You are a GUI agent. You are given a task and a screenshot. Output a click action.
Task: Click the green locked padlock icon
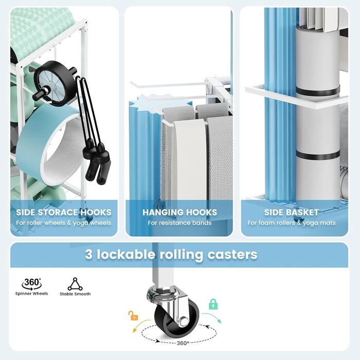(x=213, y=304)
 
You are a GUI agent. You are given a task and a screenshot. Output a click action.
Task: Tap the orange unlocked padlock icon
(x=133, y=316)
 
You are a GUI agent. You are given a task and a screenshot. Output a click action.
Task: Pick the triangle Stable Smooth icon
(x=75, y=284)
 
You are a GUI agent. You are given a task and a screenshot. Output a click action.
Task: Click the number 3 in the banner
(x=89, y=255)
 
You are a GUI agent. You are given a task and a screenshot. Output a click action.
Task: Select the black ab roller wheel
(x=55, y=83)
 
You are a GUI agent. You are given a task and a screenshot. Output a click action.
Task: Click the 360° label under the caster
(x=183, y=343)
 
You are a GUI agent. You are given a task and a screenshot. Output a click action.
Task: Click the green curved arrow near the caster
(x=212, y=317)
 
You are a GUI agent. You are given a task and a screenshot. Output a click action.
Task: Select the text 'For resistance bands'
(x=179, y=223)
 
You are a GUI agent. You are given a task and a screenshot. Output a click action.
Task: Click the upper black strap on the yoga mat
(x=317, y=90)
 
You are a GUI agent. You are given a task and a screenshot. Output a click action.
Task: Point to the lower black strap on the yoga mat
(x=318, y=155)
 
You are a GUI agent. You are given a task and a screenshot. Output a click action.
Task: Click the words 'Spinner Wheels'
(x=31, y=294)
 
